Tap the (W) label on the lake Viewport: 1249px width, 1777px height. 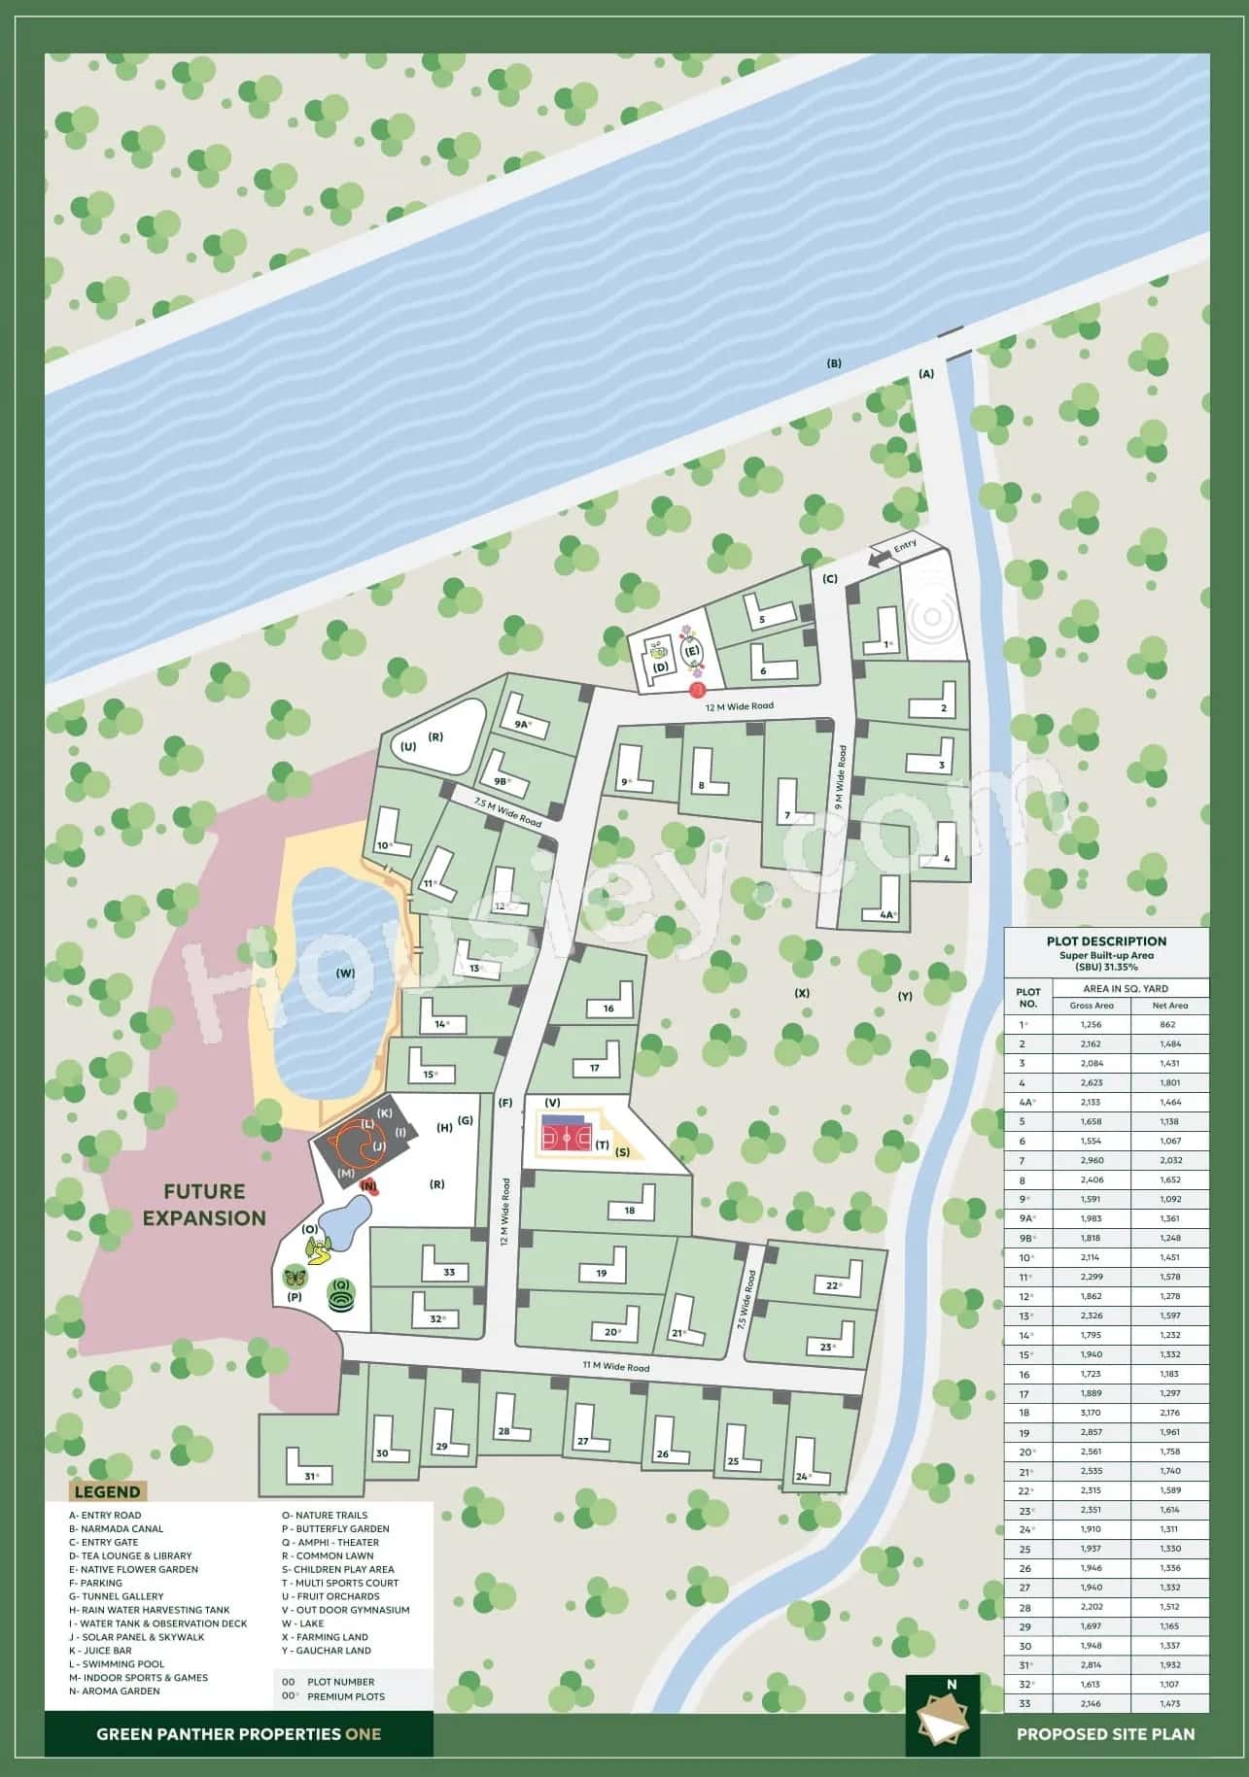pyautogui.click(x=345, y=973)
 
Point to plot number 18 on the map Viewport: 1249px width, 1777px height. pyautogui.click(x=630, y=1211)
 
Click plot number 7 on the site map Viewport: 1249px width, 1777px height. pyautogui.click(x=787, y=815)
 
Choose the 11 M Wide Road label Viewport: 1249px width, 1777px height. pyautogui.click(x=615, y=1367)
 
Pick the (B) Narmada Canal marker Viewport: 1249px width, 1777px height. pyautogui.click(x=833, y=363)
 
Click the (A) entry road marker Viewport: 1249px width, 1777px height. pyautogui.click(x=925, y=373)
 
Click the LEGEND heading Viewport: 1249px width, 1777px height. pyautogui.click(x=108, y=1491)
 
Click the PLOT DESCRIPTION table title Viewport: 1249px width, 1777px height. pyautogui.click(x=1106, y=940)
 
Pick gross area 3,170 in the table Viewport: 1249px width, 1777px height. pyautogui.click(x=1091, y=1413)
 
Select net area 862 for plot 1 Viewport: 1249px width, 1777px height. pyautogui.click(x=1167, y=1024)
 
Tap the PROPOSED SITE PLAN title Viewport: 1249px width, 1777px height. pyautogui.click(x=1105, y=1733)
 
